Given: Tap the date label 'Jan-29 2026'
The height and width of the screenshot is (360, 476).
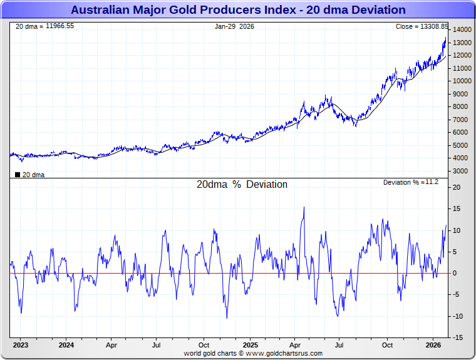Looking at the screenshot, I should (234, 26).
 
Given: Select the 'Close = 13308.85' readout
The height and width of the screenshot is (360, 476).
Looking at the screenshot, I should (422, 26).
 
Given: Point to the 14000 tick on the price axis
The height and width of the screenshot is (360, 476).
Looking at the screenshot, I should (462, 30).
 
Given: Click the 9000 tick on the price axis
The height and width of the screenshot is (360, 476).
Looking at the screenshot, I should (460, 94).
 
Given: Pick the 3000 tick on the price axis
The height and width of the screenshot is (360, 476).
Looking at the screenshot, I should (460, 171).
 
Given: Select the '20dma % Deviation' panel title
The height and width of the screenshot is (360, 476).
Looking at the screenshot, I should (242, 185).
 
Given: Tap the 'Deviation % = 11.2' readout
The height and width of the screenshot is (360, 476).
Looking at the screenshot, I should (411, 182).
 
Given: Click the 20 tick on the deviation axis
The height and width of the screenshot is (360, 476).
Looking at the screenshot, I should (457, 188).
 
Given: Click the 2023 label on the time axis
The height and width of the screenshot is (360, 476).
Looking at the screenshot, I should (21, 345).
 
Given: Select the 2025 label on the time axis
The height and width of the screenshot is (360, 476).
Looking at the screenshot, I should (250, 345).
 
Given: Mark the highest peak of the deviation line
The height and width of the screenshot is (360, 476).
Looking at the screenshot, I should (304, 207).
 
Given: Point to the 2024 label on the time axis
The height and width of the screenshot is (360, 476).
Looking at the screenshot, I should (66, 345).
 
